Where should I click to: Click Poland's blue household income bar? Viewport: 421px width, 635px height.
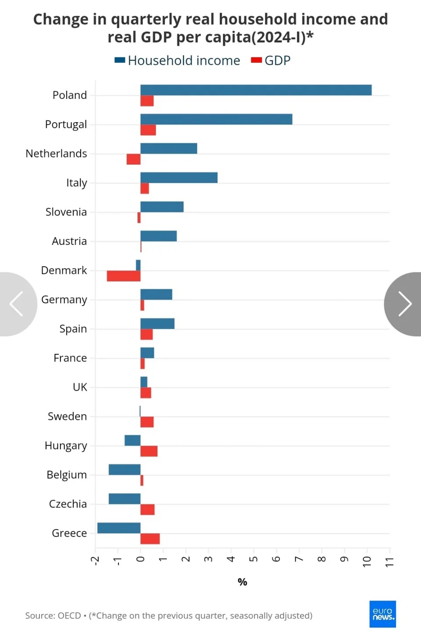(x=256, y=90)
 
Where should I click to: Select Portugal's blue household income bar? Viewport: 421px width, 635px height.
(x=216, y=119)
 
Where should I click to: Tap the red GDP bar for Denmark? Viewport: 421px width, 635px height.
(x=124, y=276)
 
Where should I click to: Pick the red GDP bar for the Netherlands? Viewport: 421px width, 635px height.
(x=133, y=159)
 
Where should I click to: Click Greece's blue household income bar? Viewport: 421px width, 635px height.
(x=119, y=528)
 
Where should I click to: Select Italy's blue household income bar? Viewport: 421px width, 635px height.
(x=179, y=177)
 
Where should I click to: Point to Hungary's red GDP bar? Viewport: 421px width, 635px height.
(x=149, y=451)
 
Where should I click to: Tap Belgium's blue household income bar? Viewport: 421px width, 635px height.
(x=125, y=469)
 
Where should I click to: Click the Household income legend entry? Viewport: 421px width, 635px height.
(x=177, y=60)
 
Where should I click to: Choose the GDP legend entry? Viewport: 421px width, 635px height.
(x=271, y=60)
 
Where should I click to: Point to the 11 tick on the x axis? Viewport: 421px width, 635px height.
(x=389, y=562)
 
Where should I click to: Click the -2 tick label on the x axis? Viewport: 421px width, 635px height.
(x=95, y=561)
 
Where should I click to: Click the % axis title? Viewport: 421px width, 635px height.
(x=243, y=582)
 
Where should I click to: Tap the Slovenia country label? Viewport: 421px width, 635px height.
(x=66, y=212)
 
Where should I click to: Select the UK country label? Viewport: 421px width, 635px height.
(x=80, y=387)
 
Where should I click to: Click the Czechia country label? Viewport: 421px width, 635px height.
(x=68, y=504)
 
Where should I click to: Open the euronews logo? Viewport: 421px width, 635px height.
(x=382, y=614)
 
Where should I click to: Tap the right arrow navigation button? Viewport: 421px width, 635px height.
(x=403, y=304)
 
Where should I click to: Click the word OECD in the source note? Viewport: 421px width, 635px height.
(x=69, y=616)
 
